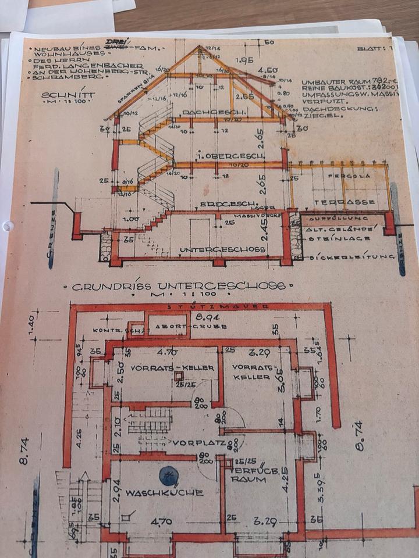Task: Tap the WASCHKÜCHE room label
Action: (165, 493)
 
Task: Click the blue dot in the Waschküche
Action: (168, 475)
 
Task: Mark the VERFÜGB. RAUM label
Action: (248, 475)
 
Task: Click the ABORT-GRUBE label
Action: (168, 327)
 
